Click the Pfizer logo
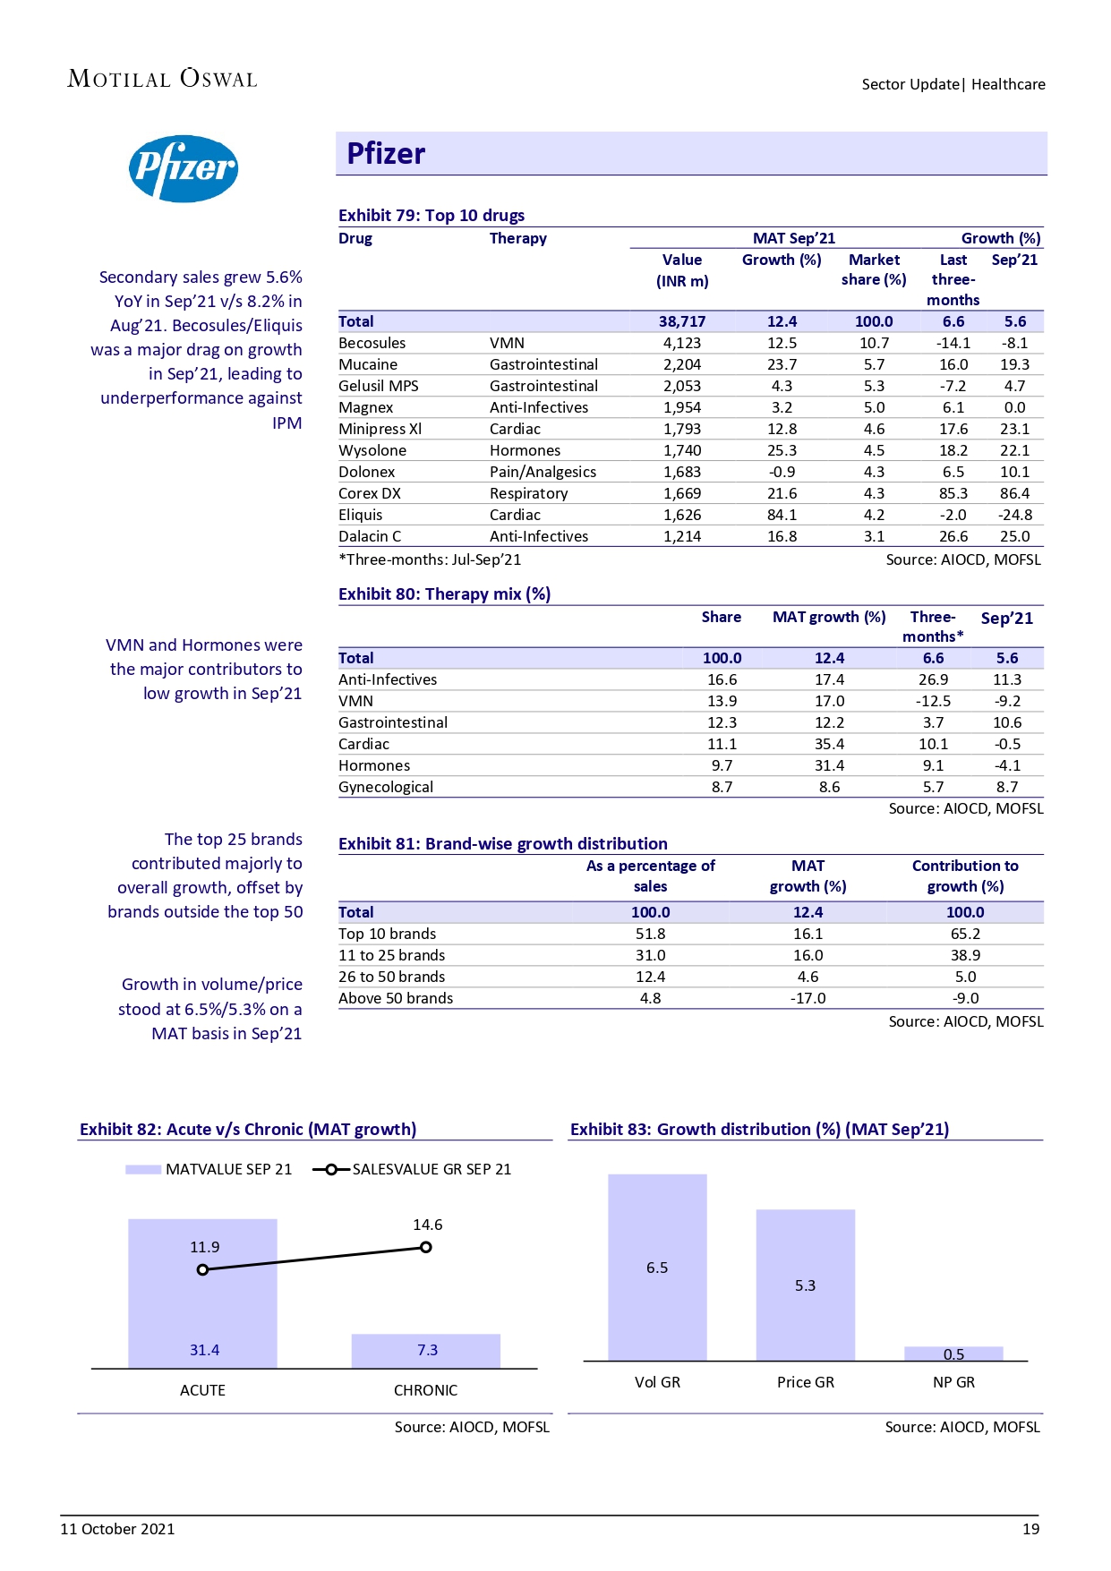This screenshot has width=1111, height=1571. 184,168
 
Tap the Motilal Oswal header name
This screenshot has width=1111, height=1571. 162,79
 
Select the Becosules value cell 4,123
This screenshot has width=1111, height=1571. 681,343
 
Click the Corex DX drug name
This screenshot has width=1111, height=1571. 370,493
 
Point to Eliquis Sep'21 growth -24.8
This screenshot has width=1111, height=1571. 1014,515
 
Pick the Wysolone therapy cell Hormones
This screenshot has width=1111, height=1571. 525,450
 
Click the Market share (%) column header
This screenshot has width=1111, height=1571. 873,269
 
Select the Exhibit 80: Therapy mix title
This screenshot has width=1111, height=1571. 444,593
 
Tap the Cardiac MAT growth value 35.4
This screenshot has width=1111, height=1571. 829,744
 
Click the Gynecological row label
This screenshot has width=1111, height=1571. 386,787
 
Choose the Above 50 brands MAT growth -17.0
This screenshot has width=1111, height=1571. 808,998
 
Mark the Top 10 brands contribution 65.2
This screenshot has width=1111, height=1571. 965,934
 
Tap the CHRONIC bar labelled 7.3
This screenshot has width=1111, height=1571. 426,1351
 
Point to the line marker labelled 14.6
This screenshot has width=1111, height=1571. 426,1247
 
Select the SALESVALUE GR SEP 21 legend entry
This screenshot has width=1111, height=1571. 413,1169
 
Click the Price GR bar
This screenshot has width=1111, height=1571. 805,1285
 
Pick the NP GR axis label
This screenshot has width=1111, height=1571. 953,1382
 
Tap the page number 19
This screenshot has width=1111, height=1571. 1030,1529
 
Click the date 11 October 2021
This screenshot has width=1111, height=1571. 117,1529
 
